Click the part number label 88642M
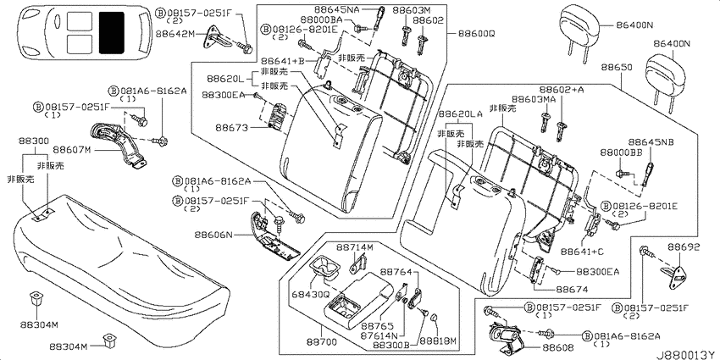(175, 35)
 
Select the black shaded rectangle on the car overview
(110, 31)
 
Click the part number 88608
(558, 347)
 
